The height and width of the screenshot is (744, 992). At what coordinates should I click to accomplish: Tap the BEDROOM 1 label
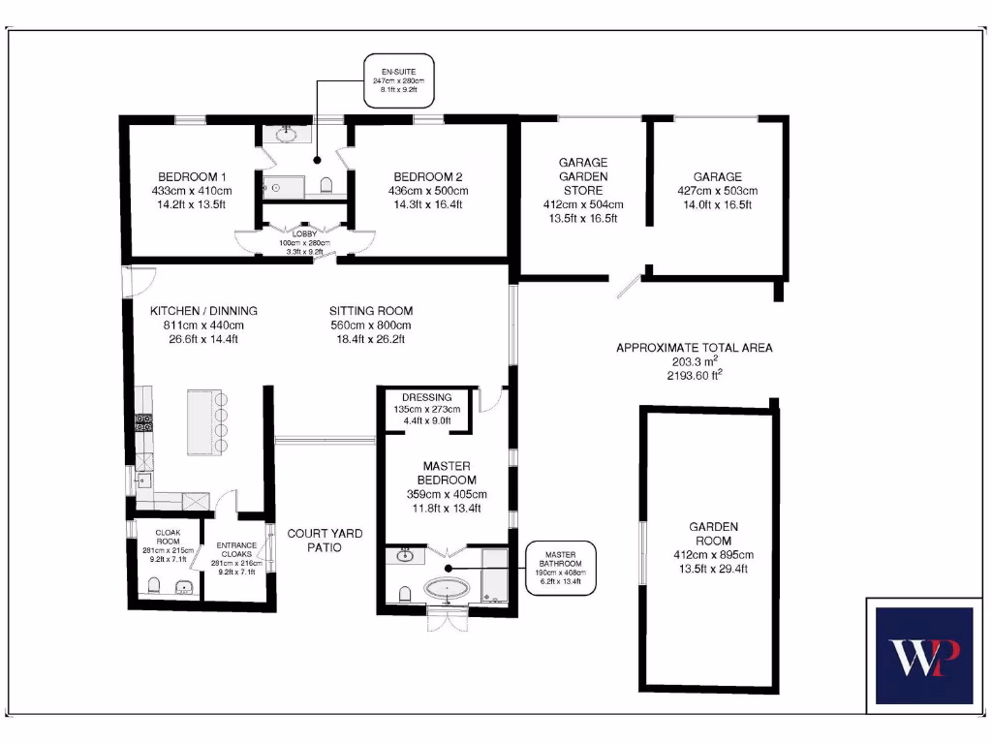pyautogui.click(x=192, y=177)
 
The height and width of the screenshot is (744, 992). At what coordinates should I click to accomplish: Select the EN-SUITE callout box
pyautogui.click(x=398, y=79)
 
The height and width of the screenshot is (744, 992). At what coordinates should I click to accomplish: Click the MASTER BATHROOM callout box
pyautogui.click(x=560, y=568)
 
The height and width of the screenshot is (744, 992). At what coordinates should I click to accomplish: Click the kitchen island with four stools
pyautogui.click(x=206, y=421)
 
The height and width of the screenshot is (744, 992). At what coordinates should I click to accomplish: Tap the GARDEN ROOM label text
pyautogui.click(x=713, y=533)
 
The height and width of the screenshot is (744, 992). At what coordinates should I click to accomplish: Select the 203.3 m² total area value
pyautogui.click(x=695, y=360)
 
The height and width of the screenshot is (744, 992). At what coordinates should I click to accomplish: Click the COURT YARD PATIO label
pyautogui.click(x=325, y=541)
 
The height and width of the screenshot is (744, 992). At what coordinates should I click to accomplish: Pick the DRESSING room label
pyautogui.click(x=427, y=397)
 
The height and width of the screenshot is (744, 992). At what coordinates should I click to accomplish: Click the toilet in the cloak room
pyautogui.click(x=154, y=585)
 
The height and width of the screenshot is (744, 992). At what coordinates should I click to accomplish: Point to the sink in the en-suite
pyautogui.click(x=287, y=135)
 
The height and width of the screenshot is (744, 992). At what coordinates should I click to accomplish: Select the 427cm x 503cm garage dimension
pyautogui.click(x=717, y=191)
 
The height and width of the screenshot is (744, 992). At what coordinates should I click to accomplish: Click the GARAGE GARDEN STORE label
pyautogui.click(x=583, y=176)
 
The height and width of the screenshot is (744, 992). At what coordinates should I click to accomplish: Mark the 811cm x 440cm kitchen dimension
pyautogui.click(x=203, y=325)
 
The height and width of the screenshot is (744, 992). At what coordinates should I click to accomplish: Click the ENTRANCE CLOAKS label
pyautogui.click(x=235, y=549)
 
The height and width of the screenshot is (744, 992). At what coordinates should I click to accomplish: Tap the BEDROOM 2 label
pyautogui.click(x=427, y=177)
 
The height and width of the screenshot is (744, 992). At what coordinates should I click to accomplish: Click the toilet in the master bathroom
pyautogui.click(x=402, y=593)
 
